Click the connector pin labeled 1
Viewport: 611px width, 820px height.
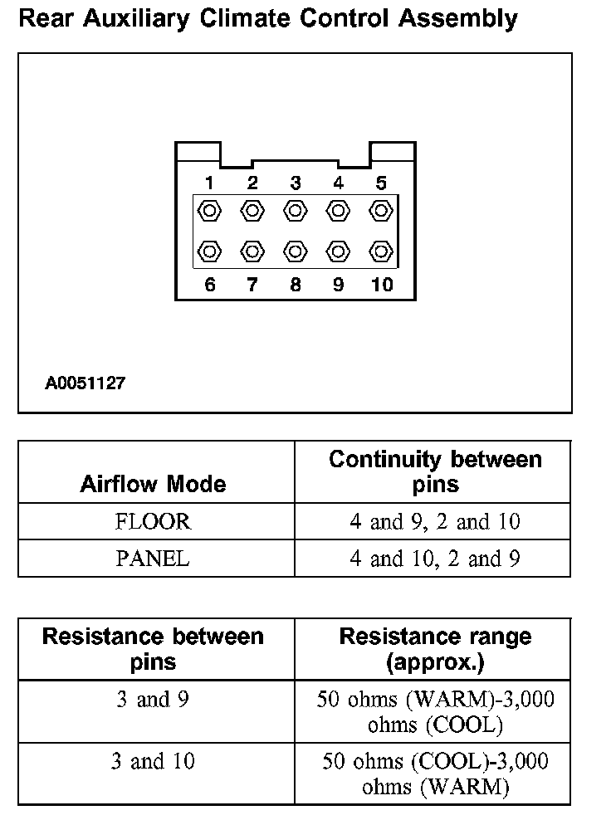210,211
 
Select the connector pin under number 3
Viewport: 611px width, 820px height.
295,211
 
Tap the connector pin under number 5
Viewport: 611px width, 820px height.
381,211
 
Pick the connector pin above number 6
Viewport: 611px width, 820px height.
210,250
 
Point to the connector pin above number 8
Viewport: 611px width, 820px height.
295,250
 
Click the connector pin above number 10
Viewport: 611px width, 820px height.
381,250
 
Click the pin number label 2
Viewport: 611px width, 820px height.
252,183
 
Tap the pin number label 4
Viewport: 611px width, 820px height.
338,183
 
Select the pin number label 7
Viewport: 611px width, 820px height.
252,286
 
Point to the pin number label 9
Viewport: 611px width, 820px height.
338,286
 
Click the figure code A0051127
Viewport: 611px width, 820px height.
86,384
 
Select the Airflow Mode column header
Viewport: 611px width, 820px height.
153,484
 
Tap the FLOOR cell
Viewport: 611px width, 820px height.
153,522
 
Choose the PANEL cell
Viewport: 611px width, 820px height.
153,559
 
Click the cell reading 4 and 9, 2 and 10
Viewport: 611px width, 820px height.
435,522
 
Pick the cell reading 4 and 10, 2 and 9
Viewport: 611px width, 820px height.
435,559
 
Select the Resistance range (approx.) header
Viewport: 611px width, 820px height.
435,649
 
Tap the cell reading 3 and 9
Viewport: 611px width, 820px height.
153,700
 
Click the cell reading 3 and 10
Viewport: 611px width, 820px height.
153,761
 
